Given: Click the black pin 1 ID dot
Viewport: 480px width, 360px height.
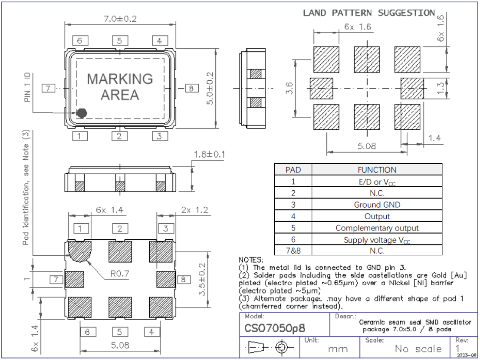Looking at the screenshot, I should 82,113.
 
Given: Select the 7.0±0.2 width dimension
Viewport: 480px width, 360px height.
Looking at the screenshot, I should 120,20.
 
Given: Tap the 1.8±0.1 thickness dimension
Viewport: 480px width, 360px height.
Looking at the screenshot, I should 210,155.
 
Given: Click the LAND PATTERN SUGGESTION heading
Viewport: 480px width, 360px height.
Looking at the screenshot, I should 368,13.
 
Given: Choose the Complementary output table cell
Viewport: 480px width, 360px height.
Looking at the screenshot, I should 377,228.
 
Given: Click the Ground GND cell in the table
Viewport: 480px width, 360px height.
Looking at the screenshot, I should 377,205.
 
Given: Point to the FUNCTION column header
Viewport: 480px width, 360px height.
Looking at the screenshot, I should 377,170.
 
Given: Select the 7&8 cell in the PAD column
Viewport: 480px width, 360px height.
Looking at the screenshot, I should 293,251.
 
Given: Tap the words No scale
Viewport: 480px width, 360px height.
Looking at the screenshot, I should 418,349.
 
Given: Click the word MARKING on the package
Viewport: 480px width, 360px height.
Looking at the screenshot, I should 120,79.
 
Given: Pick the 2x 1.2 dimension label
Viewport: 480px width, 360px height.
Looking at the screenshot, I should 192,211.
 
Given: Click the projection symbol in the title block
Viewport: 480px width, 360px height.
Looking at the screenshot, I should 267,347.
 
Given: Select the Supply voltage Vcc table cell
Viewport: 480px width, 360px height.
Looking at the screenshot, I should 377,240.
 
